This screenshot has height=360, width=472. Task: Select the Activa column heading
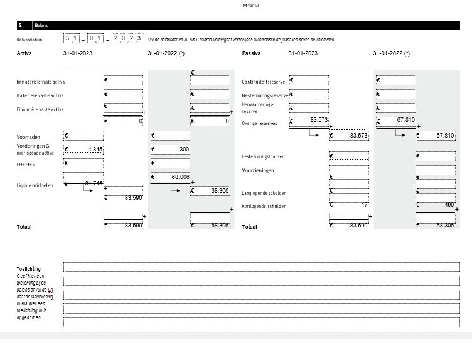(x=24, y=53)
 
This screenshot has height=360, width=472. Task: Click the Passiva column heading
(x=251, y=53)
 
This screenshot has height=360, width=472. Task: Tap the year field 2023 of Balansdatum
(x=128, y=39)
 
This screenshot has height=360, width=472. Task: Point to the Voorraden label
(x=28, y=136)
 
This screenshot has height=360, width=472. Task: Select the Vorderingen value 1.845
(x=83, y=150)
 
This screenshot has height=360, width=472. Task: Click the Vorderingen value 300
(x=170, y=150)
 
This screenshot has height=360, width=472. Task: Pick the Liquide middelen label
(x=35, y=185)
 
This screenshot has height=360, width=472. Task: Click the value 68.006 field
(x=170, y=177)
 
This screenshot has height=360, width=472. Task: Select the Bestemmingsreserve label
(x=265, y=95)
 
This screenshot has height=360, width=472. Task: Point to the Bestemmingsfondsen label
(x=264, y=156)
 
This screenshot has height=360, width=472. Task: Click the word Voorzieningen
(x=258, y=170)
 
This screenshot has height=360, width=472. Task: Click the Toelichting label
(x=28, y=269)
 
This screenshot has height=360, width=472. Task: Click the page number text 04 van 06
(x=250, y=5)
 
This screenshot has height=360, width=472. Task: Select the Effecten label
(x=26, y=165)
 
